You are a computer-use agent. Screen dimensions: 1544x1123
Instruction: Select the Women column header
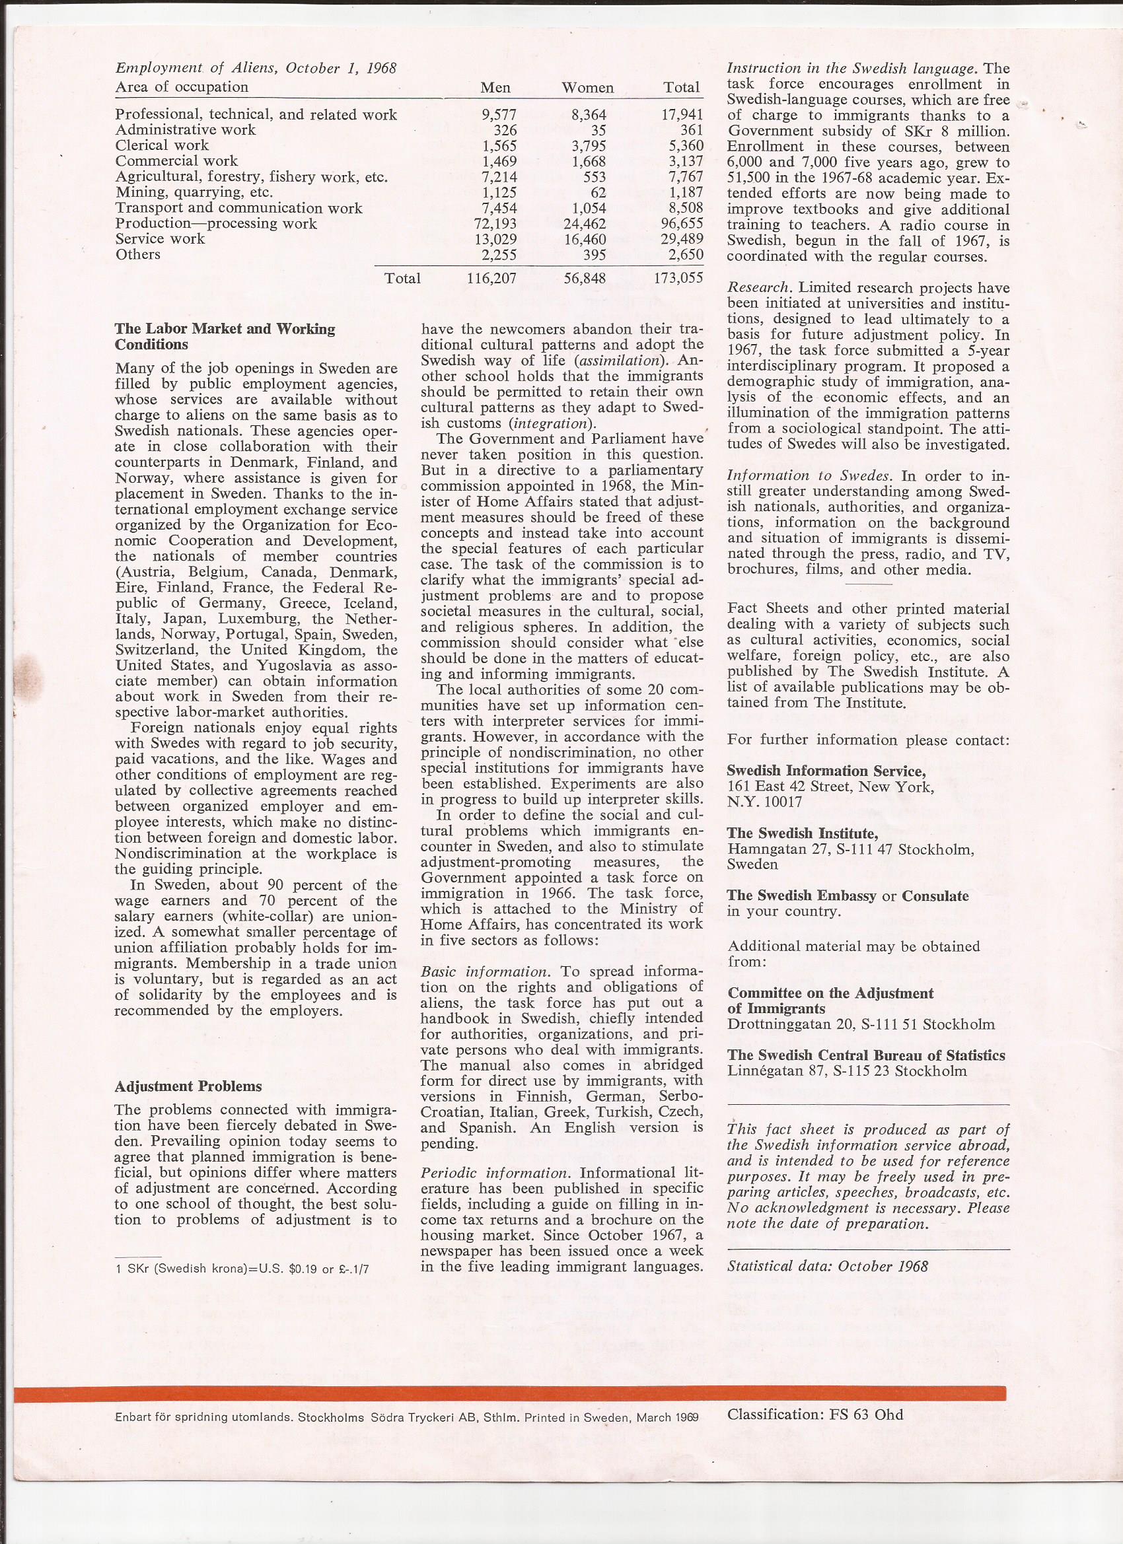pyautogui.click(x=587, y=88)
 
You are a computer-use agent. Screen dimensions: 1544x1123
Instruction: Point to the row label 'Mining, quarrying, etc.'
pyautogui.click(x=194, y=192)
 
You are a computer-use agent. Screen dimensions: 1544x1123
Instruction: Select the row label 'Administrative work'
pyautogui.click(x=185, y=129)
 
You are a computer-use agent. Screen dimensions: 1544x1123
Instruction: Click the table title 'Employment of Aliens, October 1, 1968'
pyautogui.click(x=256, y=68)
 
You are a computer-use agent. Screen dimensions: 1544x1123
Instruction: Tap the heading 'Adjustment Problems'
pyautogui.click(x=188, y=1086)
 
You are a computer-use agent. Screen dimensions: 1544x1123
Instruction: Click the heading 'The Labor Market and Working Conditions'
pyautogui.click(x=225, y=336)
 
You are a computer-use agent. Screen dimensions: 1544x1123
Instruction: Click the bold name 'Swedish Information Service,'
pyautogui.click(x=826, y=771)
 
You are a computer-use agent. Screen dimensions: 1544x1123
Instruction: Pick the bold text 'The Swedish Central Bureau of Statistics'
pyautogui.click(x=865, y=1055)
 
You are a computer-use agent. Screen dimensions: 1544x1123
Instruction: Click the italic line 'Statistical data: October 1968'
pyautogui.click(x=828, y=1265)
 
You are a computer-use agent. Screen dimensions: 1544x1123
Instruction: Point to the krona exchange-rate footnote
pyautogui.click(x=242, y=1269)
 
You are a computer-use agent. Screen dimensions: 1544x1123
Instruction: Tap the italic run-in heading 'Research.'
pyautogui.click(x=754, y=288)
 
